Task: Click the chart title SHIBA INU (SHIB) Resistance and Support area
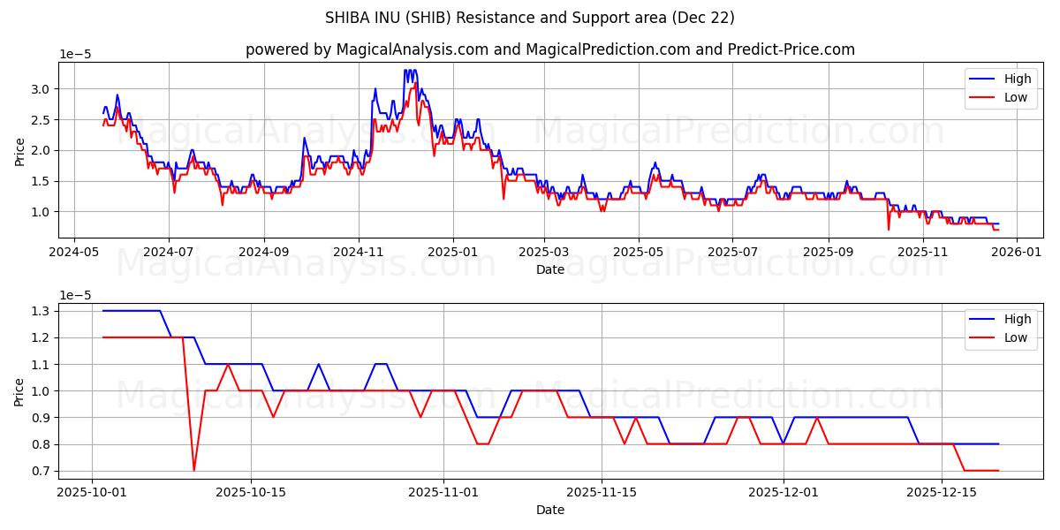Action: (x=529, y=18)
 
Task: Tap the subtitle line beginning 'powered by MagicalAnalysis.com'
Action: (x=549, y=49)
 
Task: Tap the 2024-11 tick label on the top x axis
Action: (x=359, y=252)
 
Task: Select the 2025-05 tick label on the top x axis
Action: (x=639, y=252)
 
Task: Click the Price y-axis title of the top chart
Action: (x=19, y=150)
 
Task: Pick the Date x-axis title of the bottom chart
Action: (x=549, y=510)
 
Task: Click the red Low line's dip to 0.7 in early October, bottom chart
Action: (x=193, y=470)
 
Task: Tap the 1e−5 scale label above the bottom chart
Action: (x=75, y=295)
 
